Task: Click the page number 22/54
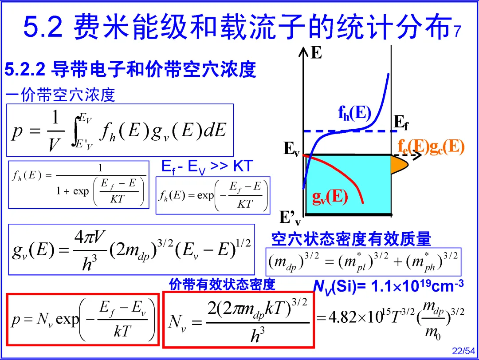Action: tap(463, 351)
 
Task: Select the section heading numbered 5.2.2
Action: tap(130, 70)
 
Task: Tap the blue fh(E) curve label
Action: tap(354, 113)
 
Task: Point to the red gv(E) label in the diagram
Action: tap(330, 196)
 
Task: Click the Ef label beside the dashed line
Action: tap(401, 123)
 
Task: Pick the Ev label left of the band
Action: tap(291, 149)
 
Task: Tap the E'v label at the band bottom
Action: tap(290, 218)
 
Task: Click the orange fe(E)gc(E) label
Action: tap(431, 146)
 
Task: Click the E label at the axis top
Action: tap(316, 53)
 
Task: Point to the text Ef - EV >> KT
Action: tap(207, 166)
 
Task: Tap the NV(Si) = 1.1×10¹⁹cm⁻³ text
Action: tap(388, 286)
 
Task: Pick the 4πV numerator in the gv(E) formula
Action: tap(89, 238)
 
